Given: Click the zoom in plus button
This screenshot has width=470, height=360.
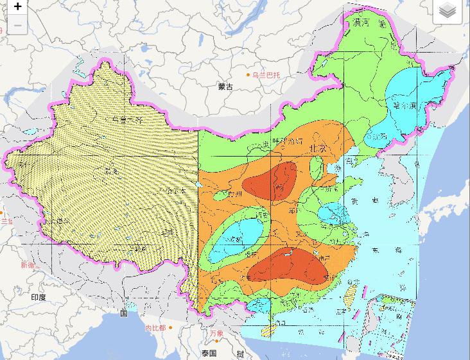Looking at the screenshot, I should (17, 7).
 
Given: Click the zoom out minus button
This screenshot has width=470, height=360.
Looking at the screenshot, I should (17, 25).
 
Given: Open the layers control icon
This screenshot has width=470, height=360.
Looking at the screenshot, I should (448, 11).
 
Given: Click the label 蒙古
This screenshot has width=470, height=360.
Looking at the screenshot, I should (225, 86).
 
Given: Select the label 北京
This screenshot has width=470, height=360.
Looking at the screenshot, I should (318, 148).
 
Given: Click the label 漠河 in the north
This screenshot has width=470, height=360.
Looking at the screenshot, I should (361, 23).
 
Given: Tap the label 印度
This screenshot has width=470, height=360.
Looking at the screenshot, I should (38, 297).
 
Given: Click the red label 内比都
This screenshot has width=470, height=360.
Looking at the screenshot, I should (155, 328).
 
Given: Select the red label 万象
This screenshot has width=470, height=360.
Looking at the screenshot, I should (216, 333).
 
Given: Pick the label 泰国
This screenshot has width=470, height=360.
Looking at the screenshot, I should (208, 354).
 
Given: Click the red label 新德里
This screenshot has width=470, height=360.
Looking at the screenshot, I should (29, 265).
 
